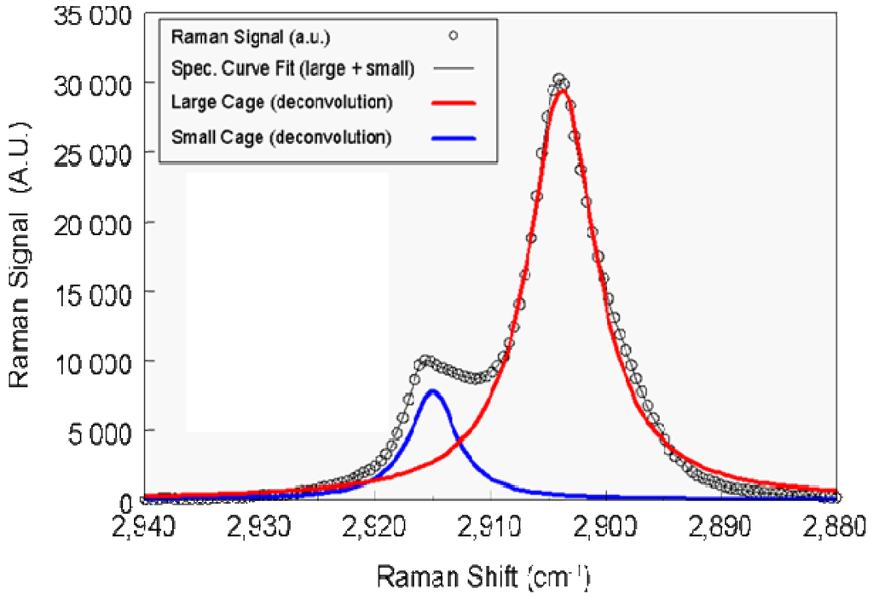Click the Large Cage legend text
[281, 103]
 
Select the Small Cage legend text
[281, 136]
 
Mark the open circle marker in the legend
[454, 36]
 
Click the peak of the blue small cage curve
[433, 390]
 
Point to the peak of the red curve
[561, 89]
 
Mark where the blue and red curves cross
[460, 441]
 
